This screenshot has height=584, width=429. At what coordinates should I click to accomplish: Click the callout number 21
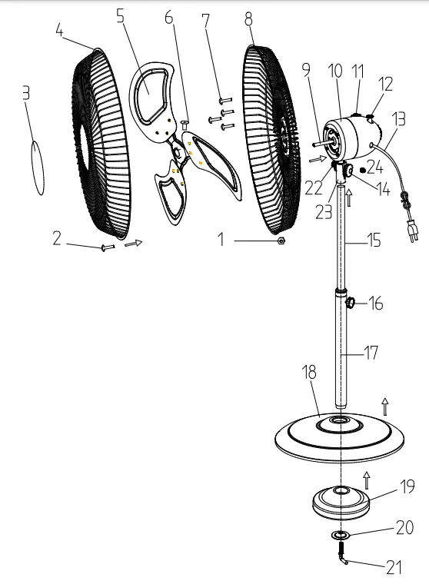pyautogui.click(x=394, y=568)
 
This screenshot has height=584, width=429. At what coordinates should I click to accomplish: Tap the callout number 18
pyautogui.click(x=310, y=373)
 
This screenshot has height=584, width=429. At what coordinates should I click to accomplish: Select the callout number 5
pyautogui.click(x=120, y=15)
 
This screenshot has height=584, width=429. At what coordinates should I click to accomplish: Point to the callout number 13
pyautogui.click(x=399, y=119)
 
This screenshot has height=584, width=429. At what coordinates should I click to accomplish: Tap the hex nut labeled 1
pyautogui.click(x=281, y=241)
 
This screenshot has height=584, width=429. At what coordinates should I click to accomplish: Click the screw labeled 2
pyautogui.click(x=108, y=247)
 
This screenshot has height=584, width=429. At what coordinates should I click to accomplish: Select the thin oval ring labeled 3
pyautogui.click(x=37, y=168)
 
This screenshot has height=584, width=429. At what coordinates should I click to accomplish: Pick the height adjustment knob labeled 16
pyautogui.click(x=351, y=302)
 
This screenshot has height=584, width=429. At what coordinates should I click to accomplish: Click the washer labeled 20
pyautogui.click(x=341, y=536)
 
